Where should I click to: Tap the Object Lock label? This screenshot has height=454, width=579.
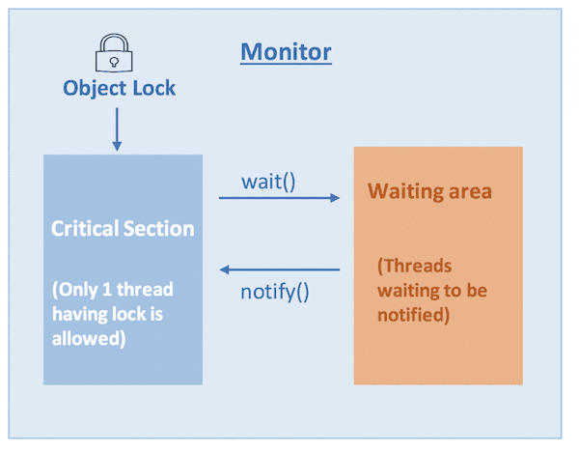click(120, 88)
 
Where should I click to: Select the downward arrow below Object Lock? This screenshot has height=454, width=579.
click(118, 129)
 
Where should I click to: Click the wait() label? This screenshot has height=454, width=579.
click(267, 181)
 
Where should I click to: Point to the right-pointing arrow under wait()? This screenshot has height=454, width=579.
click(280, 198)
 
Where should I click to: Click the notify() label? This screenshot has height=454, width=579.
click(274, 290)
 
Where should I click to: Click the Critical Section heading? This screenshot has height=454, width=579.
click(123, 229)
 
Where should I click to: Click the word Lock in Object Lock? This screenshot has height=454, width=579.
click(154, 88)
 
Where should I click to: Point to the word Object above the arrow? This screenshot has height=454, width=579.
click(96, 88)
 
